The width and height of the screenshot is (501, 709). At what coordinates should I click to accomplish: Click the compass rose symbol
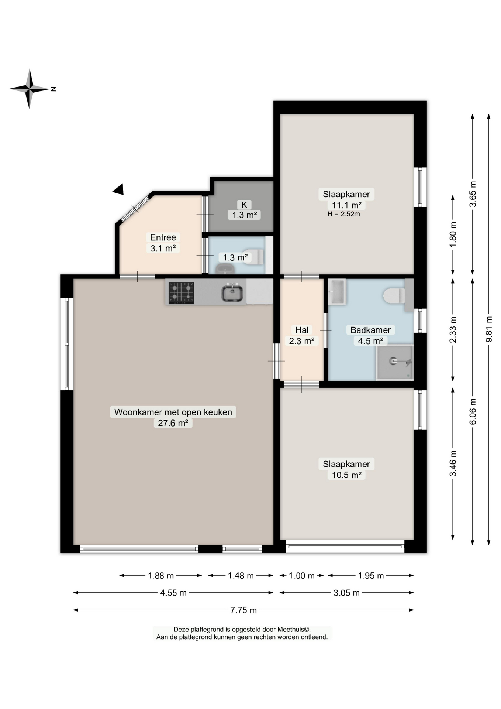(30, 89)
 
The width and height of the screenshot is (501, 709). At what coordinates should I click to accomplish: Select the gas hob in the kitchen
(181, 293)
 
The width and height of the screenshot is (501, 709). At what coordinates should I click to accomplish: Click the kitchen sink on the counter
(232, 293)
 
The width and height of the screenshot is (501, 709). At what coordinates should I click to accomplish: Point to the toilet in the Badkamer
(394, 296)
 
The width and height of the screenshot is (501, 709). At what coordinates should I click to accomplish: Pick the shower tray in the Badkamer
(394, 362)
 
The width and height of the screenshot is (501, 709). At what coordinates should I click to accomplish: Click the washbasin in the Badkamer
(337, 292)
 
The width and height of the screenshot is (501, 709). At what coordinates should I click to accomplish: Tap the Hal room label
(302, 330)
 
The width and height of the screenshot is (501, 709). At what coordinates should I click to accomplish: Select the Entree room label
(163, 237)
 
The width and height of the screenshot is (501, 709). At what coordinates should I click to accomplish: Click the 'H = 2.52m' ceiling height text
(343, 214)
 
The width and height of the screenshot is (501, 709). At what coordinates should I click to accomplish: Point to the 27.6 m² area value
(173, 423)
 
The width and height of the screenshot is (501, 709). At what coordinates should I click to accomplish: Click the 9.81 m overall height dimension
(489, 329)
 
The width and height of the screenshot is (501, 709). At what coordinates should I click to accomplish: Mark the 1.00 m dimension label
(301, 576)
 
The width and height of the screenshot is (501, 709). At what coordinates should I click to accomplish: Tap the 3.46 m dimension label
(453, 463)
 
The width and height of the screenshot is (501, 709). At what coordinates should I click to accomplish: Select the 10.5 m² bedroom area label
(346, 475)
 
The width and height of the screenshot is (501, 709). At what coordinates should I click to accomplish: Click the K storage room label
(244, 205)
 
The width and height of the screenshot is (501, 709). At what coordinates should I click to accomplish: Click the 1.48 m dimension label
(241, 576)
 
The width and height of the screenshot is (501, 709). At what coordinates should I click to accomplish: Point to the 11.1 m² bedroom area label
(346, 205)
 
